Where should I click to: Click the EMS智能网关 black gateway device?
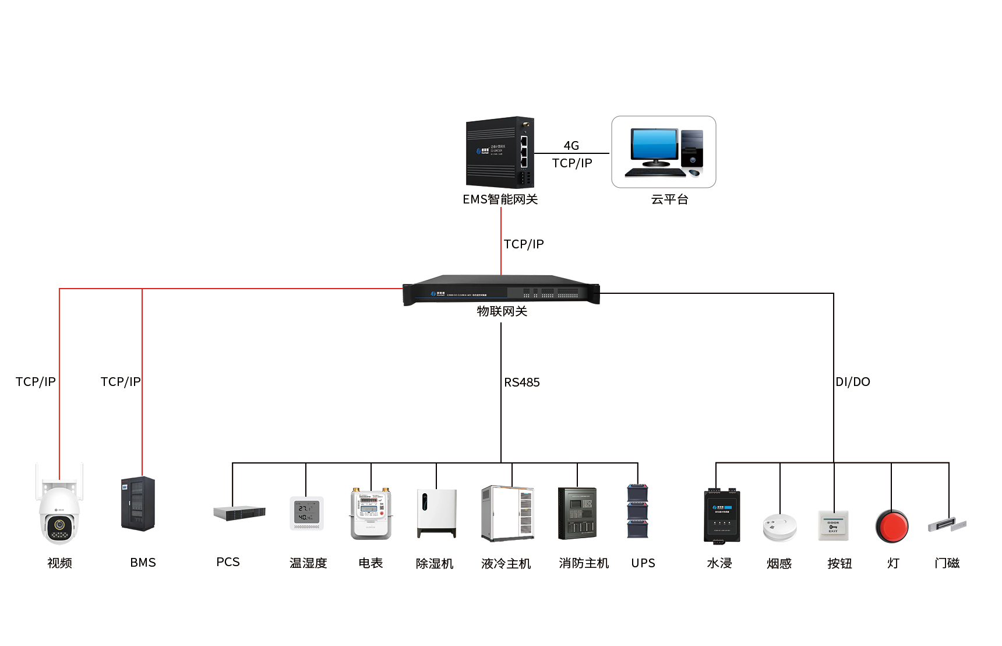pos(500,152)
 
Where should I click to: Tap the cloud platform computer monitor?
pos(654,146)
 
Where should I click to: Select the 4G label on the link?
pos(571,146)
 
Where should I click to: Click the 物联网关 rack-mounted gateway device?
pos(501,289)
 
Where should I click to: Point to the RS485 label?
pos(522,382)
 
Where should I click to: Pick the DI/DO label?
pos(853,382)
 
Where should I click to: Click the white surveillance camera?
pos(59,513)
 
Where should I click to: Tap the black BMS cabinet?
pos(138,504)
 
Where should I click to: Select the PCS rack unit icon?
pos(239,513)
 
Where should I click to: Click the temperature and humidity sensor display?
pos(306,513)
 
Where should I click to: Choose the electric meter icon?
pos(371,513)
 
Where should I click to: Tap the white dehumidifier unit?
pos(436,513)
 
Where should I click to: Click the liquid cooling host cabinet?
pos(507,513)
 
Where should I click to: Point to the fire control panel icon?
pos(577,513)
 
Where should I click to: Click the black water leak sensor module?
pos(722,516)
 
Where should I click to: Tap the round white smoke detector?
pos(779,526)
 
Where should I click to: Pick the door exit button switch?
pos(834,525)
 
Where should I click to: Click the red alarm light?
pos(892,525)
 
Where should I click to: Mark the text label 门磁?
pos(947,563)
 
